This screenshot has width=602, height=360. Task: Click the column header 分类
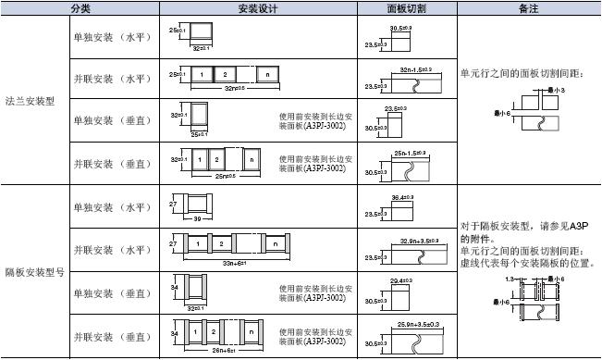tap(81, 7)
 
